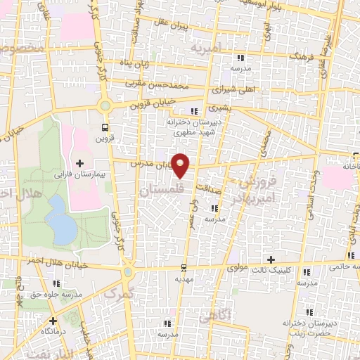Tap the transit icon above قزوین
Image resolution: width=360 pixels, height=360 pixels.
coord(104,127)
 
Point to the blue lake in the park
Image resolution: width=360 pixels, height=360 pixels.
coord(60,219)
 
